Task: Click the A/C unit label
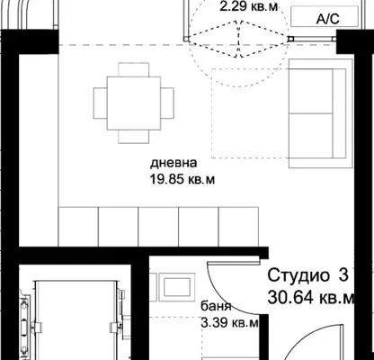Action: [328, 19]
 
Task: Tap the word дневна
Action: [174, 163]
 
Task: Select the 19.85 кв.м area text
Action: [183, 179]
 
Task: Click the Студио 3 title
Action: [308, 275]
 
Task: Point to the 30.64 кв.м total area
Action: [311, 298]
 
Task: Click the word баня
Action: [216, 306]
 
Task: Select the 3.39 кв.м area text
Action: [230, 323]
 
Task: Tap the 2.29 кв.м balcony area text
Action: [249, 6]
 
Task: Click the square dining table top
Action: [134, 103]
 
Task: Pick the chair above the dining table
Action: [134, 69]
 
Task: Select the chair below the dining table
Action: [134, 137]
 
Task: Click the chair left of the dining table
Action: [101, 103]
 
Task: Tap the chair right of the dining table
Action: [167, 103]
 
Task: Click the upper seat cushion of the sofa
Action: [311, 91]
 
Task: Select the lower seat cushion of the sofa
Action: [311, 136]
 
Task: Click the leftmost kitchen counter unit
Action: [78, 227]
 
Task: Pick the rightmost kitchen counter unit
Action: [238, 227]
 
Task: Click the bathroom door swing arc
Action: [222, 296]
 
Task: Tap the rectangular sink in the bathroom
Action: [177, 287]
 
